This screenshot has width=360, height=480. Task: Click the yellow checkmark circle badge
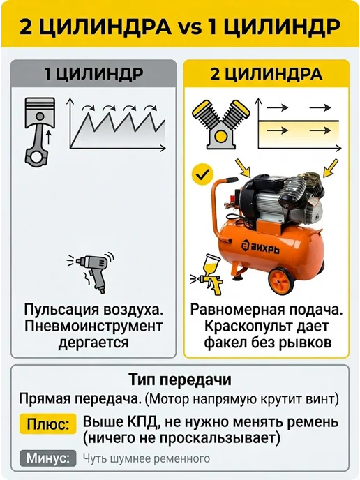pyautogui.click(x=202, y=175)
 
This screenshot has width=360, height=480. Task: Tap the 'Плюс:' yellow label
pyautogui.click(x=47, y=424)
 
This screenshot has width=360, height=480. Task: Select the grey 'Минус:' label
pyautogui.click(x=47, y=458)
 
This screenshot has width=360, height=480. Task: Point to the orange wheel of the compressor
pyautogui.click(x=281, y=280)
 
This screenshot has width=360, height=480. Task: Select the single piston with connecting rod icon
pyautogui.click(x=40, y=132)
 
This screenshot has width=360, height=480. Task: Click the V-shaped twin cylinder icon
pyautogui.click(x=220, y=124)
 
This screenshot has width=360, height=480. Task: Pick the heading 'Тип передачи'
pyautogui.click(x=180, y=380)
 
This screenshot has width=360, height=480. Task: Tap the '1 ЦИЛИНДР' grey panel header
pyautogui.click(x=93, y=74)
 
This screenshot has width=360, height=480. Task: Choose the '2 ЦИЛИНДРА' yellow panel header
pyautogui.click(x=267, y=74)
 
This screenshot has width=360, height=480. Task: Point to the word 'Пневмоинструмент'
pyautogui.click(x=93, y=327)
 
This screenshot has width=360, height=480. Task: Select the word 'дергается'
pyautogui.click(x=93, y=343)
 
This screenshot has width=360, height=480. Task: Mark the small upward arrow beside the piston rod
pyautogui.click(x=48, y=138)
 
